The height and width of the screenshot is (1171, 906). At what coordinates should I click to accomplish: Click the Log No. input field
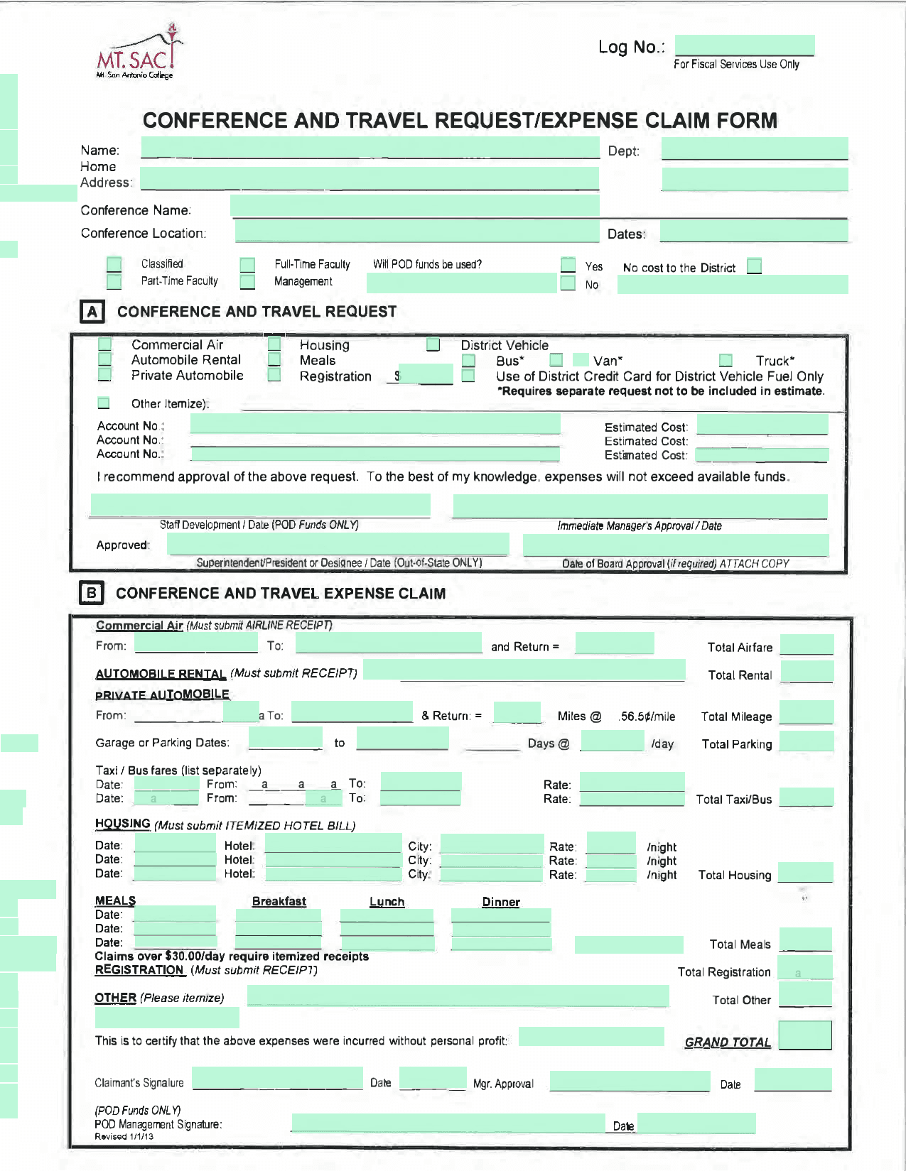coord(744,45)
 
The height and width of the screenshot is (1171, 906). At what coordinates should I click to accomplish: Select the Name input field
coord(370,148)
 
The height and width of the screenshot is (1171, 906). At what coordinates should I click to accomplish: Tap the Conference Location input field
coord(417,232)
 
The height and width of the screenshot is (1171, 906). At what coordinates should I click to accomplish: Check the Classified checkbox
coord(114,264)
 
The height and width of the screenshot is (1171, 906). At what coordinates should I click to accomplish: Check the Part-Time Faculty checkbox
coord(114,281)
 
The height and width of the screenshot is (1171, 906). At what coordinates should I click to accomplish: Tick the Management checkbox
coord(247,282)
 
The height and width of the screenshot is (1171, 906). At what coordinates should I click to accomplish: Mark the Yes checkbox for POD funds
coord(568,265)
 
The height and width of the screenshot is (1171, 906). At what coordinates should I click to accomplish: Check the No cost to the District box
coord(754,266)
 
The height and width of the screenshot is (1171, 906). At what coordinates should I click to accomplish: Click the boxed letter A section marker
coord(92,312)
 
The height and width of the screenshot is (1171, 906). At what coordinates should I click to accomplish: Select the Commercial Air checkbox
coord(104,344)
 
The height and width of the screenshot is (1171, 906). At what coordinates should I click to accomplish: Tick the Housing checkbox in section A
coord(274,344)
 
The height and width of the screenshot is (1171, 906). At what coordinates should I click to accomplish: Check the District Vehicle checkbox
coord(433,344)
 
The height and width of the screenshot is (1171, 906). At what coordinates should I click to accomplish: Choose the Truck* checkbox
coord(726,360)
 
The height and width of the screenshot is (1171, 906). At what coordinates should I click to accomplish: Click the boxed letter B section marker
coord(91,593)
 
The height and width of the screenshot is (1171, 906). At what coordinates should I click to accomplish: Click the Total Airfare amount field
coord(807,645)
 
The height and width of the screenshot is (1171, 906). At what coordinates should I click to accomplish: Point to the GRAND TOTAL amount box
coord(805,1035)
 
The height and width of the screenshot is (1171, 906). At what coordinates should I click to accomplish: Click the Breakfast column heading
coord(279,901)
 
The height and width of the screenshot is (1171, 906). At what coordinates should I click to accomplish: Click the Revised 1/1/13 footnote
coord(124,1137)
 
